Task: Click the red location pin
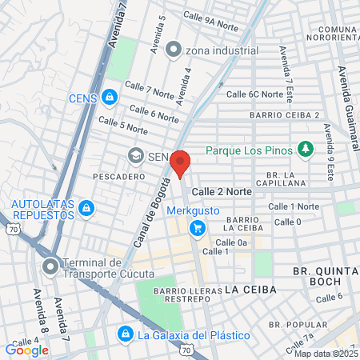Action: click(182, 162)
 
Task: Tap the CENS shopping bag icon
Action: click(110, 98)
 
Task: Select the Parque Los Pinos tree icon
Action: click(304, 150)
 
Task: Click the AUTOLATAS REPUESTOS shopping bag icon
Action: click(86, 210)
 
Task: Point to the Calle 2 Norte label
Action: click(222, 192)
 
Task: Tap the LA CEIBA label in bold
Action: click(250, 288)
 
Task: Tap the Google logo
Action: click(26, 350)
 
